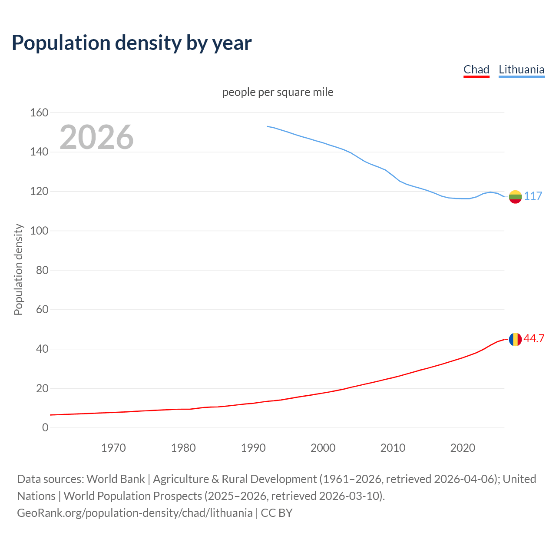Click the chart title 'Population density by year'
(132, 43)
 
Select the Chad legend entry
(476, 69)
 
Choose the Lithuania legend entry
(521, 69)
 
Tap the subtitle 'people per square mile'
(278, 92)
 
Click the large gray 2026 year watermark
(96, 137)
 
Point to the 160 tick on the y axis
(39, 113)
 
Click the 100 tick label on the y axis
(39, 231)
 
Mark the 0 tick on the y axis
(45, 427)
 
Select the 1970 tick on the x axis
(113, 447)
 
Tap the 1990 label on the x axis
(253, 447)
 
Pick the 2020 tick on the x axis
(463, 447)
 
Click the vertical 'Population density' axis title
(18, 269)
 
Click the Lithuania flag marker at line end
(515, 197)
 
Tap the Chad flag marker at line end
(515, 339)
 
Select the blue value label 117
(533, 196)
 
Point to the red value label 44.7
(534, 338)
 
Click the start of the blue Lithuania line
(267, 126)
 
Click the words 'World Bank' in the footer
(116, 479)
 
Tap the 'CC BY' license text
(277, 513)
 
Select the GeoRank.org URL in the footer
(135, 513)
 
